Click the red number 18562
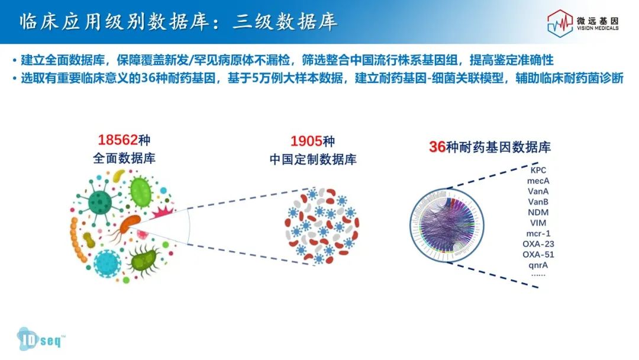[x=118, y=140]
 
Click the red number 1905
[x=306, y=142]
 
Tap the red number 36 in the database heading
[x=437, y=147]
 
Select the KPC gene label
[x=538, y=171]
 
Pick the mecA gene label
[x=538, y=181]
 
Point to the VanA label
[x=538, y=192]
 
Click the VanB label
[x=538, y=202]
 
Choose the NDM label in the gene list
[x=538, y=213]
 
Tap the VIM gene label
[x=538, y=223]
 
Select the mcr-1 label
[x=538, y=234]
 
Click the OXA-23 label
[x=538, y=244]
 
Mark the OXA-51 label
[x=538, y=255]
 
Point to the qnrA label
[x=538, y=265]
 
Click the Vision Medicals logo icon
[x=560, y=23]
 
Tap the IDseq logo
[x=40, y=339]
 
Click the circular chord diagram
[x=447, y=225]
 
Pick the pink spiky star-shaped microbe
[x=162, y=212]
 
